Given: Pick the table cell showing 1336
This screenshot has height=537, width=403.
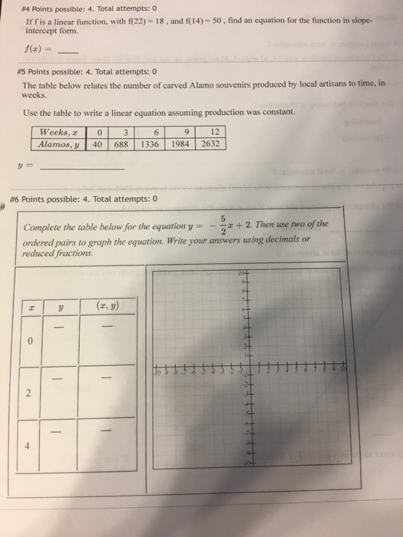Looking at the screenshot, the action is coord(156,143).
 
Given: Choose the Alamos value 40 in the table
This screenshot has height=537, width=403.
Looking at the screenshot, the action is coord(97,143).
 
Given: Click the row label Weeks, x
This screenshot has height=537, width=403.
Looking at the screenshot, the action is coord(59,132).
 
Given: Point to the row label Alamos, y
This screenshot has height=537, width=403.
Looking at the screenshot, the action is coord(59,143).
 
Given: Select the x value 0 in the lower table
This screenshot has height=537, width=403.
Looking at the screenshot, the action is coord(29,343).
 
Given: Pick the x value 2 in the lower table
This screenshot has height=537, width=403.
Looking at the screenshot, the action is coord(29,395).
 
